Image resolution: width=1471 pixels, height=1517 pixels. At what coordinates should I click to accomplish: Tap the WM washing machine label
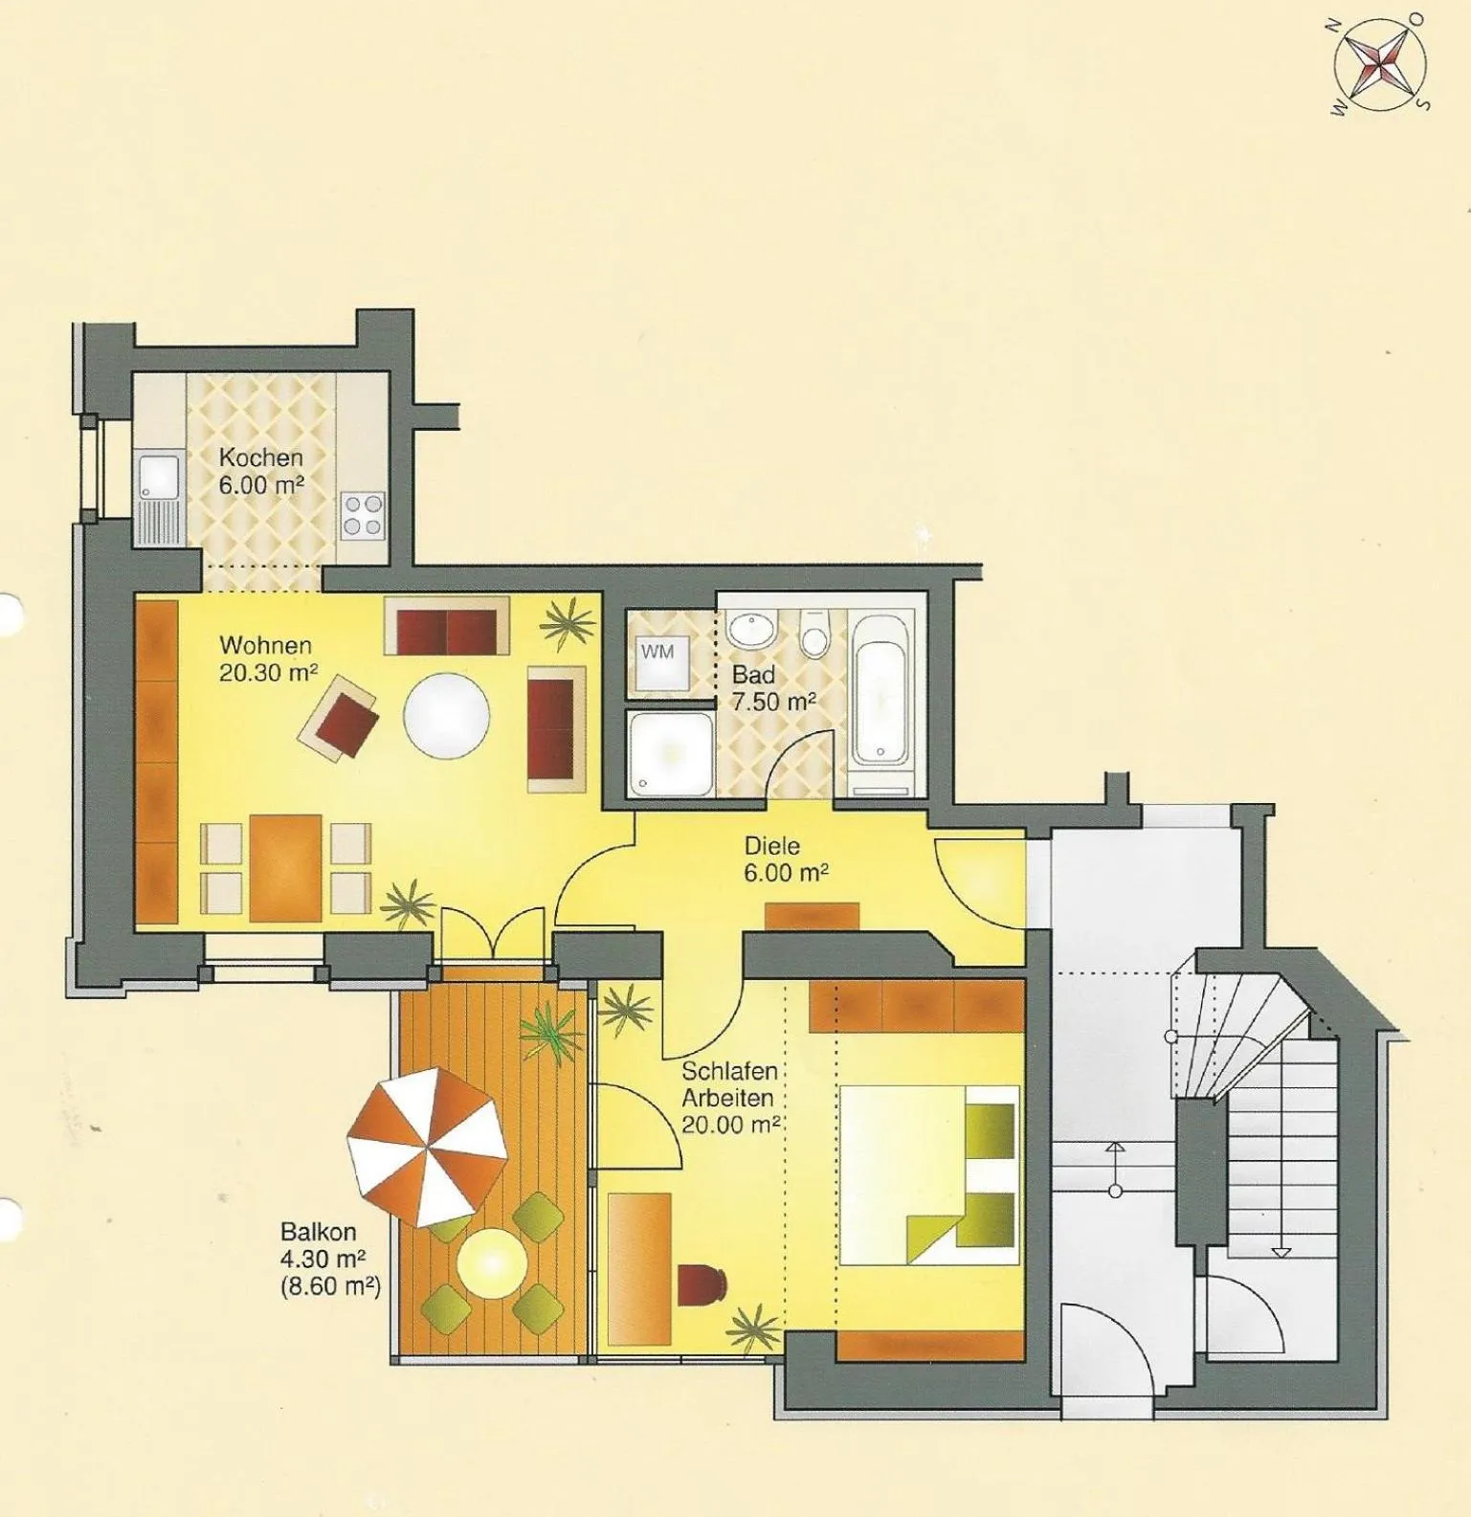pyautogui.click(x=657, y=652)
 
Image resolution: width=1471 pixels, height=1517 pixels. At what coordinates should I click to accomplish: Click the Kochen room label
pyautogui.click(x=260, y=457)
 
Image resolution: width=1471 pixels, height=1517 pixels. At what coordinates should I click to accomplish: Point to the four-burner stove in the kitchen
pyautogui.click(x=364, y=515)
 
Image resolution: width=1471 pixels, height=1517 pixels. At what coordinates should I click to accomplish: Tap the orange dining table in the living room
pyautogui.click(x=285, y=868)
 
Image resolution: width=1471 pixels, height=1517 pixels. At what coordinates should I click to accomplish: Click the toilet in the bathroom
pyautogui.click(x=814, y=635)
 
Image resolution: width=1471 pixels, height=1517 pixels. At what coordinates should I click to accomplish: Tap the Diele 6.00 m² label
pyautogui.click(x=786, y=859)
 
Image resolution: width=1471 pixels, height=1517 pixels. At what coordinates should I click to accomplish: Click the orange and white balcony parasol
pyautogui.click(x=427, y=1147)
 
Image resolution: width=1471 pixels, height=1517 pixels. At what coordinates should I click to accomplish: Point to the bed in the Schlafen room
pyautogui.click(x=927, y=1173)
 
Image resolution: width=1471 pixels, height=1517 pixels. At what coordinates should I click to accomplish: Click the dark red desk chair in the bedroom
pyautogui.click(x=702, y=1284)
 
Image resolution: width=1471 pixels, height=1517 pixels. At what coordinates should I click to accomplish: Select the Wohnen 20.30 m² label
pyautogui.click(x=268, y=658)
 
